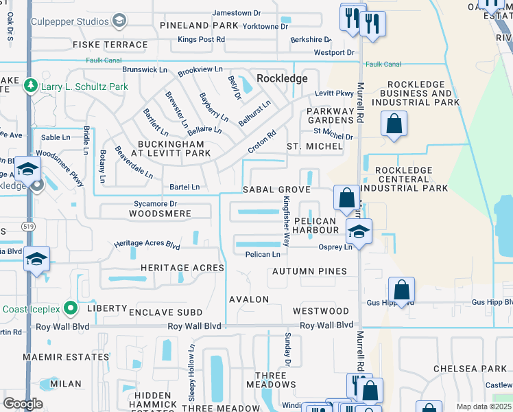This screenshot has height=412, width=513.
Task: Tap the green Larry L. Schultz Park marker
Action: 29,87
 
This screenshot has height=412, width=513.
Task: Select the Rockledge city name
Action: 282,78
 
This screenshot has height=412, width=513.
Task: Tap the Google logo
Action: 23,404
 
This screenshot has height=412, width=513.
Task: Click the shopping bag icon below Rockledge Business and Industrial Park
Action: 394,125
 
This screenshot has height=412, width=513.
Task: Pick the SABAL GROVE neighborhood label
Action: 277,190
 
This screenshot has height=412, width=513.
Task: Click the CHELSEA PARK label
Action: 470,369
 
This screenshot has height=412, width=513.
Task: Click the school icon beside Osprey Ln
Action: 359,232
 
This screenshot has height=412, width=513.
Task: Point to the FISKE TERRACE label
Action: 110,45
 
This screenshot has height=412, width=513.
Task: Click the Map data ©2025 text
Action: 484,407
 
